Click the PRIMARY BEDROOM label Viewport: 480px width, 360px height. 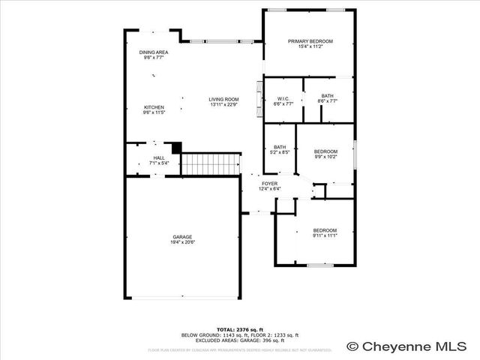coord(310,41)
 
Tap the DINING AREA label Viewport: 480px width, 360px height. coord(154,52)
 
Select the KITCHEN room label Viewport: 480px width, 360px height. coord(154,107)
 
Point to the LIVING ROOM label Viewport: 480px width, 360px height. coord(223,100)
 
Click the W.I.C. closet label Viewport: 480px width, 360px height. coord(283,99)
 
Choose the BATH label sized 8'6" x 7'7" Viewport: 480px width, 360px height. coord(328,96)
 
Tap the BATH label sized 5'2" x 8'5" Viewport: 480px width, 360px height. coord(280,147)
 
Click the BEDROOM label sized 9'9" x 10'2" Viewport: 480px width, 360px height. coord(325,151)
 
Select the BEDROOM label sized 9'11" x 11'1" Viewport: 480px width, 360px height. coord(325,230)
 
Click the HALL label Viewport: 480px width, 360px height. coord(159,157)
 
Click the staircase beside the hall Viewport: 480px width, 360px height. coord(211,163)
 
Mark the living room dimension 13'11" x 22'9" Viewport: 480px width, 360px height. coord(223,105)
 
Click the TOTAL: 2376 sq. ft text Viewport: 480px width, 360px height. coord(240,329)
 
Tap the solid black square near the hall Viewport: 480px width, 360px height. coord(177,148)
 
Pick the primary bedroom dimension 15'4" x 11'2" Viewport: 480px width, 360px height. coord(310,46)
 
